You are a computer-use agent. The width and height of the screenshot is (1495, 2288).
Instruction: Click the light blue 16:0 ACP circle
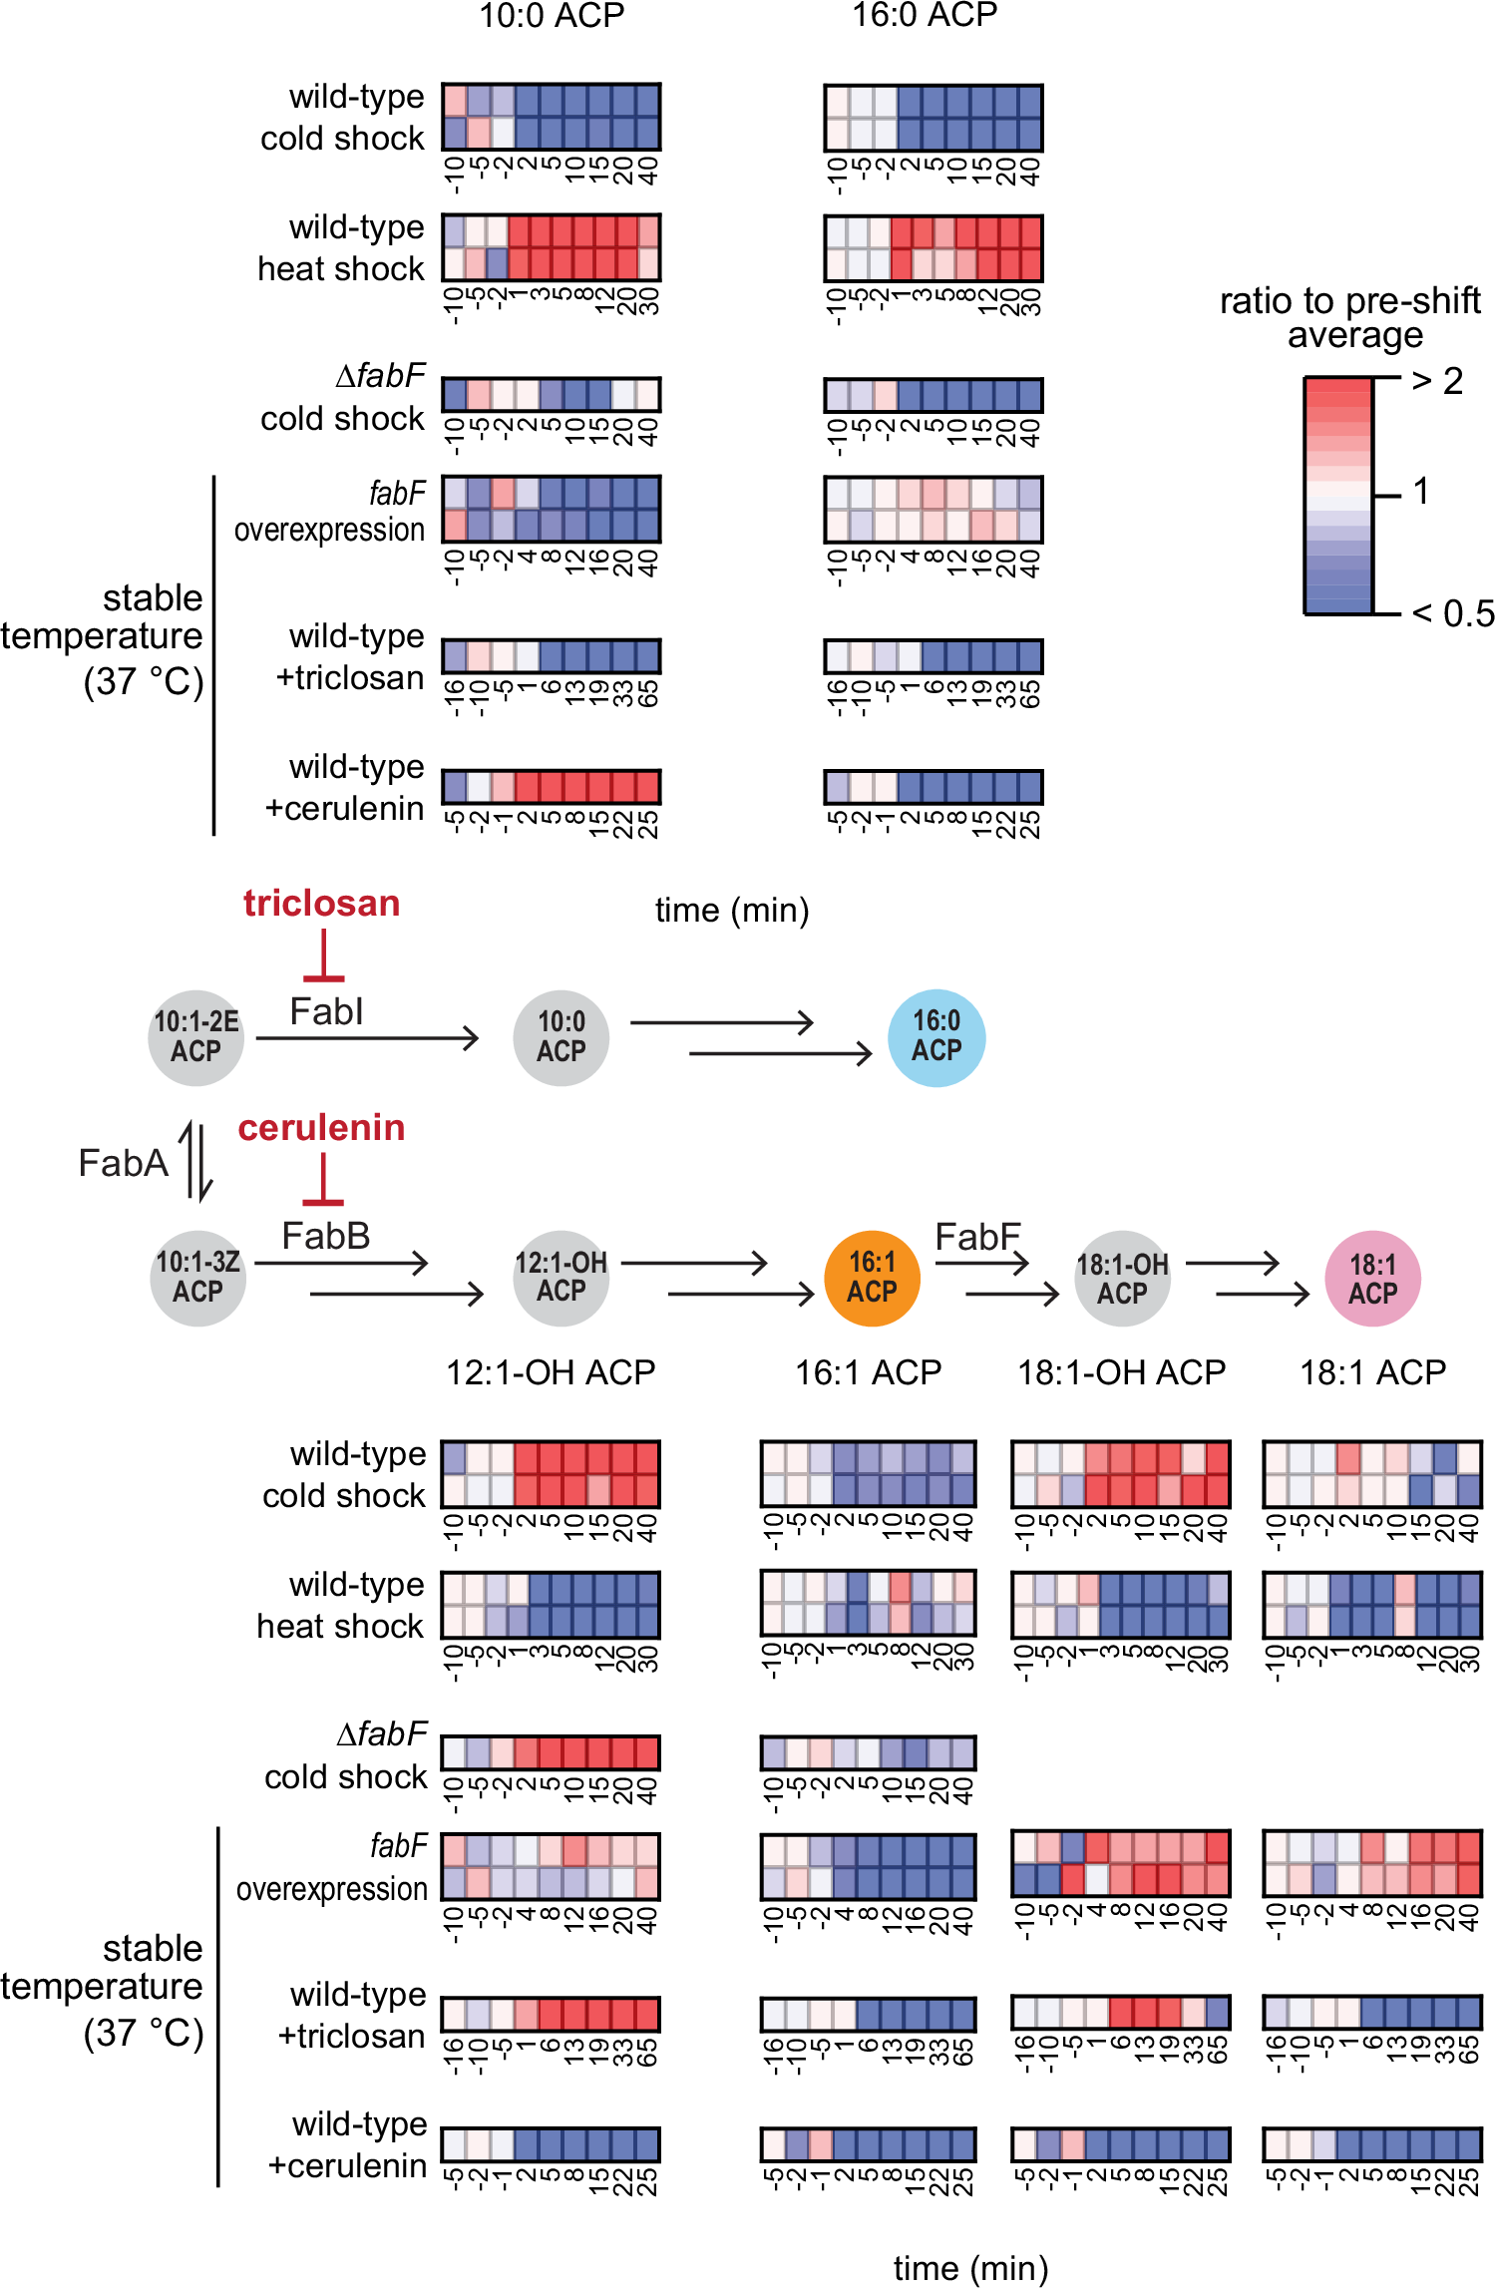(935, 1037)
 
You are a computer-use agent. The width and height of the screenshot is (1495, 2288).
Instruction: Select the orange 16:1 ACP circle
(872, 1278)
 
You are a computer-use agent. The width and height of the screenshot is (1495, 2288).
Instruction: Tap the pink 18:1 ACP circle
(1372, 1279)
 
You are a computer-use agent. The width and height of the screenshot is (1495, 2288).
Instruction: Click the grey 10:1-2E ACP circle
(195, 1037)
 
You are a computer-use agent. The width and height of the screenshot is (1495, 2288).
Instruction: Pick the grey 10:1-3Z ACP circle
(197, 1278)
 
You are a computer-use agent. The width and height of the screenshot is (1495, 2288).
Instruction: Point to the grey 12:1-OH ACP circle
(561, 1278)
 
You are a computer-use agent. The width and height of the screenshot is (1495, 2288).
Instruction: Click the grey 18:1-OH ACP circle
(1122, 1279)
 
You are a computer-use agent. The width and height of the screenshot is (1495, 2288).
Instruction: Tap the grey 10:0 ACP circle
(561, 1037)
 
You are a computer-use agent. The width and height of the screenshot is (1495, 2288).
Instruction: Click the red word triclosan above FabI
(321, 903)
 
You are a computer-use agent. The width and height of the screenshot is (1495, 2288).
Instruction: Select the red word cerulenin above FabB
(321, 1127)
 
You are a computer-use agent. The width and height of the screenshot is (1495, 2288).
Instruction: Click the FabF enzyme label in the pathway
(977, 1237)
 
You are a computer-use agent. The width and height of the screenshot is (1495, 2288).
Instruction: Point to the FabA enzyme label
(123, 1163)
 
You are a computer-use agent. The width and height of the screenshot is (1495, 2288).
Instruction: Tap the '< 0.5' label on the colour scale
(1453, 613)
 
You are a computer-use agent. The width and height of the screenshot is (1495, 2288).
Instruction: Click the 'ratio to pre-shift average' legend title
(1350, 317)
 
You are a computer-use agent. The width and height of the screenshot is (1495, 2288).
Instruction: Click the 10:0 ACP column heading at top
(552, 15)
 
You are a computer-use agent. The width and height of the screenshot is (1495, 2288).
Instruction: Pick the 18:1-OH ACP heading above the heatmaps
(1121, 1372)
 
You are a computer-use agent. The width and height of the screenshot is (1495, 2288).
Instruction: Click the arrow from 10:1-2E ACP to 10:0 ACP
(367, 1038)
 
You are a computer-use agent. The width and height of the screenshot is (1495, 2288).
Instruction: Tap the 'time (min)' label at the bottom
(969, 2268)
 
